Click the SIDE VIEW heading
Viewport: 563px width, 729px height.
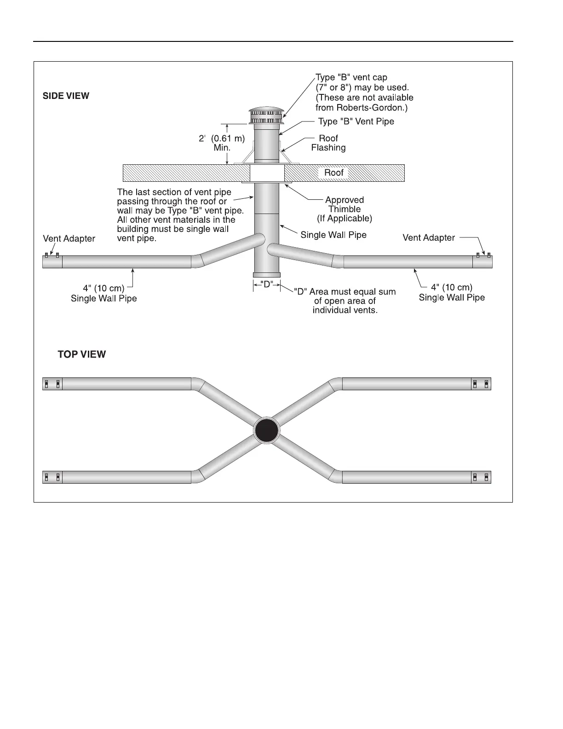click(x=66, y=96)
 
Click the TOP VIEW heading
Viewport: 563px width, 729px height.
click(x=81, y=354)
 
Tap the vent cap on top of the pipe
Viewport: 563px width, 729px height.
click(x=266, y=116)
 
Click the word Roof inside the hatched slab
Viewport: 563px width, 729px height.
click(x=334, y=173)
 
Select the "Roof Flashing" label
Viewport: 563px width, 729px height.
click(x=328, y=143)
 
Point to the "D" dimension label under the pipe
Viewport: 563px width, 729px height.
click(x=267, y=285)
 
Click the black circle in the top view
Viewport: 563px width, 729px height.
click(x=267, y=430)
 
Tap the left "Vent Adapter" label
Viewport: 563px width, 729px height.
click(x=69, y=238)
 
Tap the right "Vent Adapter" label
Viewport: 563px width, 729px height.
click(x=429, y=237)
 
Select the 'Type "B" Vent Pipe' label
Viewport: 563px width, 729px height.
click(x=356, y=121)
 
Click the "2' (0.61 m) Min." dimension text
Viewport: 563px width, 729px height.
click(x=222, y=143)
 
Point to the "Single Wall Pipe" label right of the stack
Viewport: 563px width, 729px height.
click(x=333, y=235)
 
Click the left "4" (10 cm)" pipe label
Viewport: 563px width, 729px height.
click(x=103, y=289)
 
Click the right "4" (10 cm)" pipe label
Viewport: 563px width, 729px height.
click(x=452, y=288)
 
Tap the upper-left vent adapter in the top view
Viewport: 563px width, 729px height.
click(x=52, y=384)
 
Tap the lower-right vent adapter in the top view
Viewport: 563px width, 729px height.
click(x=482, y=477)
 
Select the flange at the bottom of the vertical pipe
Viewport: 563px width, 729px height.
click(x=267, y=275)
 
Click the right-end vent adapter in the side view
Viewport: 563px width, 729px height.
click(x=483, y=261)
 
